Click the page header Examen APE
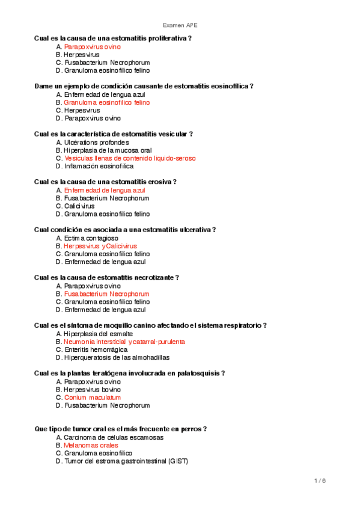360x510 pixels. (180, 25)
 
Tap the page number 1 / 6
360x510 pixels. (320, 481)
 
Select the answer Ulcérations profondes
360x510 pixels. (96, 143)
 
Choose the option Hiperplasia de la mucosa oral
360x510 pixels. (108, 150)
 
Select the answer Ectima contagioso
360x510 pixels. (91, 238)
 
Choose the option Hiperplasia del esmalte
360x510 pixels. (98, 333)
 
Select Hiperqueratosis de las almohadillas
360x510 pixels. (117, 357)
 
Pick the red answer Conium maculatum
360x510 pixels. (92, 398)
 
